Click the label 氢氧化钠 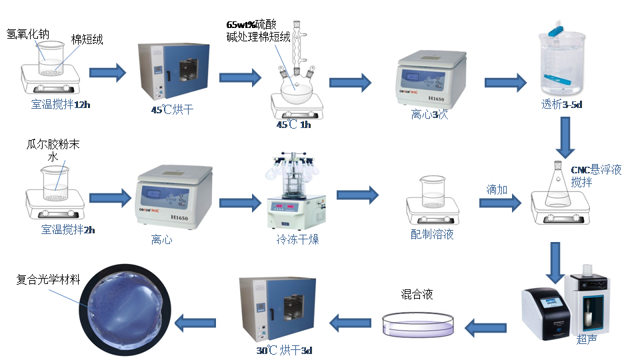(27, 33)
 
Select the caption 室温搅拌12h (60, 105)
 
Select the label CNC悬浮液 (596, 170)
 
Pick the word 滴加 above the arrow (497, 190)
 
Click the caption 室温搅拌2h (68, 230)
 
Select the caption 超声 (585, 339)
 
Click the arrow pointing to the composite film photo (195, 324)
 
